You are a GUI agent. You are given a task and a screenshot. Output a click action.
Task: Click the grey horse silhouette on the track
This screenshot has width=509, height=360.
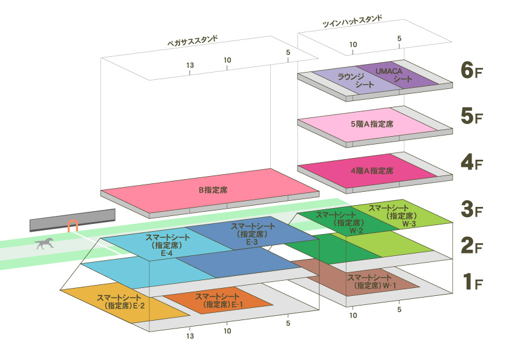[x=44, y=243]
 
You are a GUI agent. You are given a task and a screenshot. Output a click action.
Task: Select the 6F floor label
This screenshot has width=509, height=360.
[x=472, y=70]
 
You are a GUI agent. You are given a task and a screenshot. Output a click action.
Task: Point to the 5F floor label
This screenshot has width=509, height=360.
[x=472, y=116]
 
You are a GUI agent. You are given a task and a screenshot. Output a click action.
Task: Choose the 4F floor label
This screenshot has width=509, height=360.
[x=472, y=162]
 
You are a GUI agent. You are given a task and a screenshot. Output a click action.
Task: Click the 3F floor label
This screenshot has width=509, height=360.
[x=472, y=209]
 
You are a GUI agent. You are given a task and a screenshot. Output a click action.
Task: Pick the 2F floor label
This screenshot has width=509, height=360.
[x=472, y=246]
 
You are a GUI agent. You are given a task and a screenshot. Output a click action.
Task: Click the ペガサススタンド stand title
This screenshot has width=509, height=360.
[x=192, y=41]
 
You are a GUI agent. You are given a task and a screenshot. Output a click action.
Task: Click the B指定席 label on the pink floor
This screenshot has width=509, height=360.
[x=213, y=190]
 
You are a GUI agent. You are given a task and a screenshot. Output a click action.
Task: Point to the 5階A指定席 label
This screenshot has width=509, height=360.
[x=372, y=124]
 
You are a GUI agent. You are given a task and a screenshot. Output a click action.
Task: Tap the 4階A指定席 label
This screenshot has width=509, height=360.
[x=372, y=171]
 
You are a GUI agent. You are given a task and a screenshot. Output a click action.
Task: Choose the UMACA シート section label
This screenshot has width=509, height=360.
[x=394, y=75]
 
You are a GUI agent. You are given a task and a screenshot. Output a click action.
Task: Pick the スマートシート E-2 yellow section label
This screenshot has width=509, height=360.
[x=120, y=301]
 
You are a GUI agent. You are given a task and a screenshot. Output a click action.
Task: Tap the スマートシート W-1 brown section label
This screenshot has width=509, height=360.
[x=372, y=281]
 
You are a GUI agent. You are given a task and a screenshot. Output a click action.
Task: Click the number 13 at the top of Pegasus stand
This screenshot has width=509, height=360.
[x=190, y=65]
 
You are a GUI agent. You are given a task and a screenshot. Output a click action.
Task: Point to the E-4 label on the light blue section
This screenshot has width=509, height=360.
[x=167, y=253]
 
